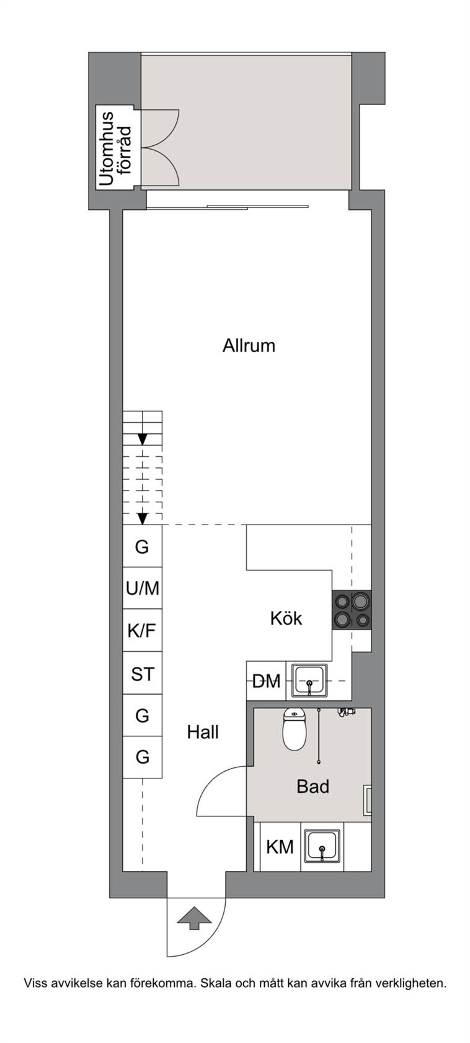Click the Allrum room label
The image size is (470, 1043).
click(249, 345)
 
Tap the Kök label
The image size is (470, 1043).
click(286, 618)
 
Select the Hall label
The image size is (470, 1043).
click(203, 733)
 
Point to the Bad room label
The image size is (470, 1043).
click(313, 787)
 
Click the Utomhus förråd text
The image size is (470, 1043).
click(115, 149)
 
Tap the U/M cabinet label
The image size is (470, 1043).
click(142, 589)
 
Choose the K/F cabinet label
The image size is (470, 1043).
click(142, 631)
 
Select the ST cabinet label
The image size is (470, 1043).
click(142, 674)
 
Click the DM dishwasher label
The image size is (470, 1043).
click(267, 682)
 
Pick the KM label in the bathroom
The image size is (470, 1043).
click(280, 847)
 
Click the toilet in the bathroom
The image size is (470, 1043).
click(294, 729)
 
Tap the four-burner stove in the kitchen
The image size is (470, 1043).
click(352, 610)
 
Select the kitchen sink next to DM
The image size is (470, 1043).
click(309, 680)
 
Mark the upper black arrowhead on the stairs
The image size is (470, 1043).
click(142, 439)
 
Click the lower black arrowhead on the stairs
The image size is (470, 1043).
click(142, 518)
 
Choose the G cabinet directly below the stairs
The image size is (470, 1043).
click(142, 546)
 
